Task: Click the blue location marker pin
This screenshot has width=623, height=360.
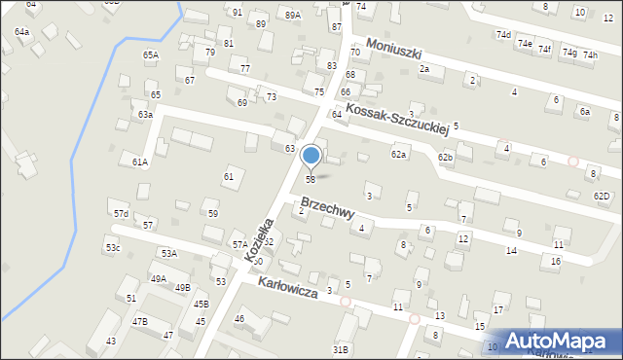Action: coord(311,156)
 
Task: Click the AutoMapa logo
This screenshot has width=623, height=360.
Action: coord(560,341)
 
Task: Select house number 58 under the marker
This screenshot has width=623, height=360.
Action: coord(311,179)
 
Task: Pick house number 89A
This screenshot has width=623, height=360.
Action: coord(293,16)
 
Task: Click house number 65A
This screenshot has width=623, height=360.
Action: coord(151,55)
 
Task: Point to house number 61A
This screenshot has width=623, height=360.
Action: coord(140,162)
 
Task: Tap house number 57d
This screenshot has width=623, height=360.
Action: coord(121,213)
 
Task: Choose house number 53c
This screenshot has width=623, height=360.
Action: coord(114,248)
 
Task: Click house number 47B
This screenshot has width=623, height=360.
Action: coord(140,321)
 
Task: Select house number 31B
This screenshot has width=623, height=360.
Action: coord(340,348)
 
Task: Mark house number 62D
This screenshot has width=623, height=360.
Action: coord(602,197)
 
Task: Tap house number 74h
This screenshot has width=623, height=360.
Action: coord(590,55)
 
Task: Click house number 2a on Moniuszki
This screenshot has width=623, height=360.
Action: coord(423,69)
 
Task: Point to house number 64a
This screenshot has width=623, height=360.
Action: coord(21,32)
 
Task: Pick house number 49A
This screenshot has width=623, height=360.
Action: coord(158,278)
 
